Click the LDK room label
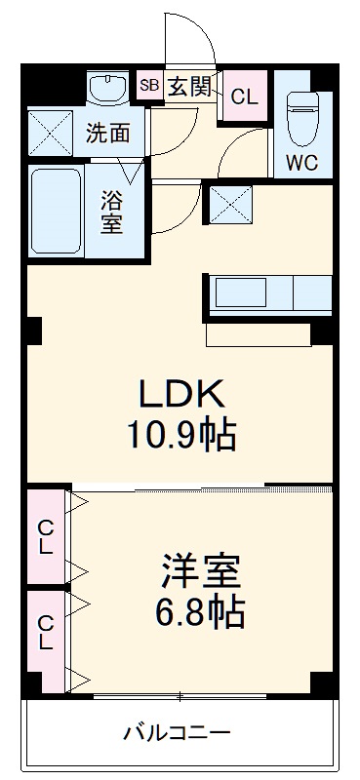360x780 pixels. [183, 394]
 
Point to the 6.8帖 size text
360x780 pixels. [200, 613]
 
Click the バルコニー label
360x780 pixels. [177, 731]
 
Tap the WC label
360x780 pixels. [302, 163]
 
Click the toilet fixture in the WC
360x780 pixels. [303, 114]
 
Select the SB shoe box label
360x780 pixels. [149, 86]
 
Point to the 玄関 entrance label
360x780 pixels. [188, 87]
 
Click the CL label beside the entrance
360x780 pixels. [245, 97]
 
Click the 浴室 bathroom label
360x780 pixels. [110, 210]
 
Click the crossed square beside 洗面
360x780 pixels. [49, 134]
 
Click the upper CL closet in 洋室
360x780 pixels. [45, 535]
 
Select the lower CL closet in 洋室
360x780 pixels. [45, 633]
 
